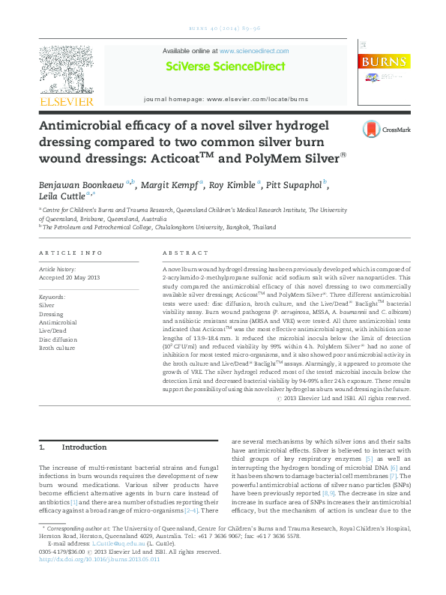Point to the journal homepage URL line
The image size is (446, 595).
[x=226, y=99]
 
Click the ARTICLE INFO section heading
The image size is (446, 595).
[x=70, y=253]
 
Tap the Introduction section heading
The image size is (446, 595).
[x=85, y=447]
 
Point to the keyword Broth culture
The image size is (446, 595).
[x=57, y=348]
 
